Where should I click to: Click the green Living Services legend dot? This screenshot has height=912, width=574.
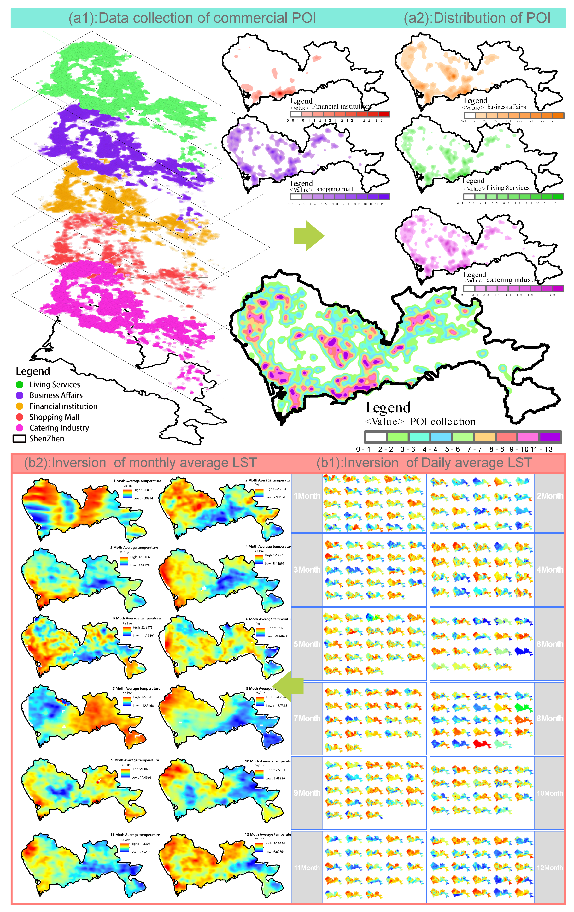tap(20, 384)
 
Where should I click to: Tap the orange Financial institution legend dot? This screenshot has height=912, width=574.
tap(20, 406)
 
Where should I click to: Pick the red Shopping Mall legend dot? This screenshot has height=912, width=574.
tap(20, 417)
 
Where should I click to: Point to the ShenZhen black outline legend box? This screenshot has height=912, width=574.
tap(20, 439)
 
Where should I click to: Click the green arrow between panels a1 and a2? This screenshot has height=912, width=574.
tap(309, 236)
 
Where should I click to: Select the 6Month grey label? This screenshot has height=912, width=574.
tap(550, 644)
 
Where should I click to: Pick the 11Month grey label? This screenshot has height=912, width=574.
tap(307, 867)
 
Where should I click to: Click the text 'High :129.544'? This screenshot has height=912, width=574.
tap(143, 697)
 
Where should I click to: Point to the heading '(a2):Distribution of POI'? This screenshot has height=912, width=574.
tap(477, 18)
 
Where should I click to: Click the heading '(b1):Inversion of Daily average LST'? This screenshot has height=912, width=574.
tap(424, 463)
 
